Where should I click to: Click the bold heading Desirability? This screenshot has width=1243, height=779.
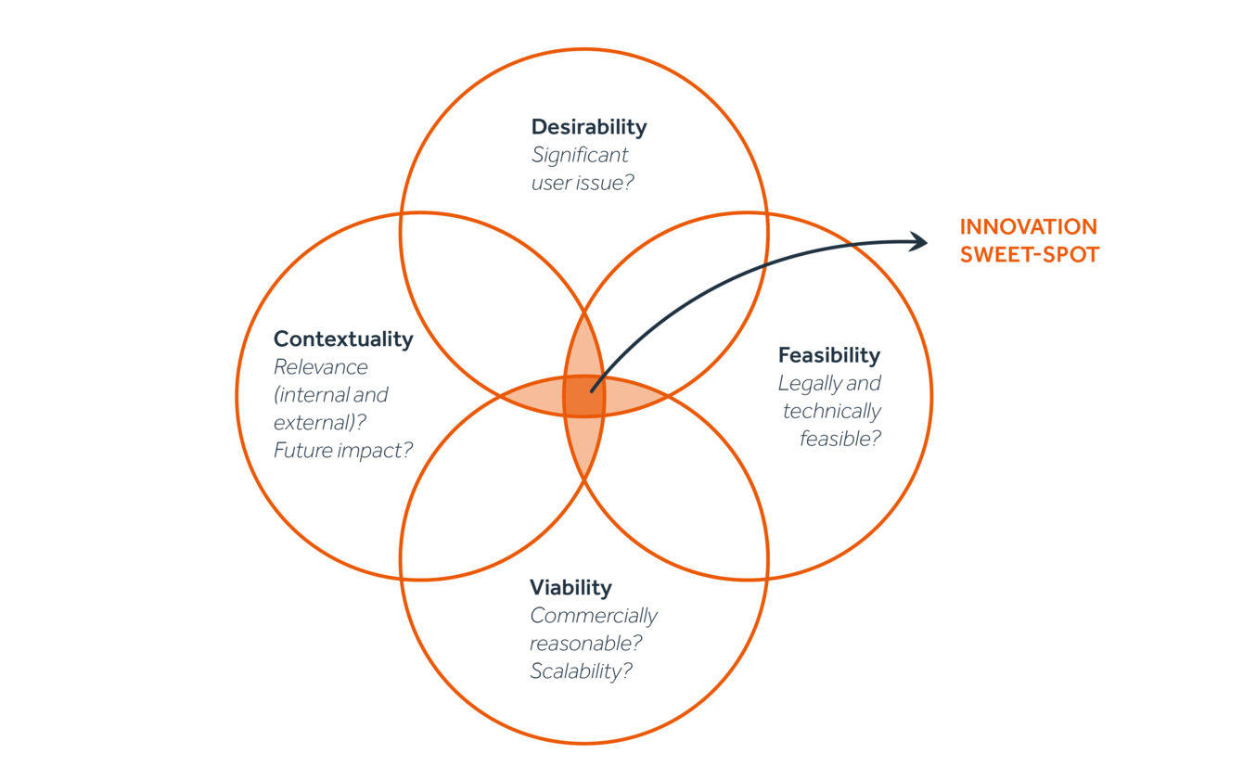coord(588,127)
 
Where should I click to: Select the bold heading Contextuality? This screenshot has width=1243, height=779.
coord(343,339)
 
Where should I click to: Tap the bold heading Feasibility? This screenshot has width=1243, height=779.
coord(828,355)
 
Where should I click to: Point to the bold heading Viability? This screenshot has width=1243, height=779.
coord(570,588)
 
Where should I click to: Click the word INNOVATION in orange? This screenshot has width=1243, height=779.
coord(1028,227)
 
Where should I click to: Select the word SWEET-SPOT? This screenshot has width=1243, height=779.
coord(1029,255)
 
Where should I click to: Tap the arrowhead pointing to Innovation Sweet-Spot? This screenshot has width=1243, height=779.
coord(918,241)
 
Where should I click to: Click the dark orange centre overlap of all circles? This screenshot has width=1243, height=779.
coord(584,397)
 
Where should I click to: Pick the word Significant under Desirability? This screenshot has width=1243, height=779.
coord(580,155)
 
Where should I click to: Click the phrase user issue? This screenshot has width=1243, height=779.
coord(583,183)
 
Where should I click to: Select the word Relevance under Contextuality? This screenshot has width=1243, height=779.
coord(321,367)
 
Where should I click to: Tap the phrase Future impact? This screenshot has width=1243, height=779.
coord(343,451)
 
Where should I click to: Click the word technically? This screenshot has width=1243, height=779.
coord(832,411)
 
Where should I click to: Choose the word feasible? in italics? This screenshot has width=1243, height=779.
coord(840,439)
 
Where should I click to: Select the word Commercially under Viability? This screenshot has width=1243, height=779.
coord(594,616)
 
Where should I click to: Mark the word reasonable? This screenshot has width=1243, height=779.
coord(586,644)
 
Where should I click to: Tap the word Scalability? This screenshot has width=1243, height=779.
coord(581,671)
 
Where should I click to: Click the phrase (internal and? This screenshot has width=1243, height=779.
coord(331,395)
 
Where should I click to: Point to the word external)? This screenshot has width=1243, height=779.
coord(318,423)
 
